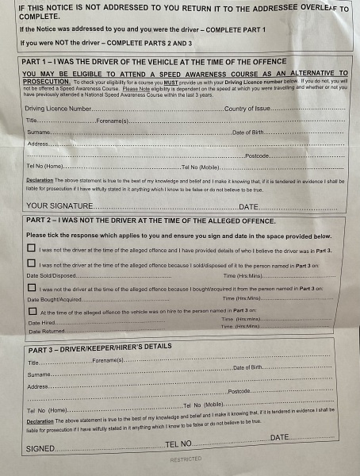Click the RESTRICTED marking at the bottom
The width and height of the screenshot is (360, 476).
(x=186, y=459)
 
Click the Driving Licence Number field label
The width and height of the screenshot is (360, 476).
(x=59, y=109)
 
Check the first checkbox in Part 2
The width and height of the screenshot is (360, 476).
(x=31, y=249)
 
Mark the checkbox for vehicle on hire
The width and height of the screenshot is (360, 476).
(x=31, y=311)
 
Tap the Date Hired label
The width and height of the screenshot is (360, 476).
(x=42, y=323)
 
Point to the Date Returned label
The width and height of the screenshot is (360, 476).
(x=45, y=331)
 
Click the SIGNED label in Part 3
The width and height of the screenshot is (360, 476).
(x=40, y=448)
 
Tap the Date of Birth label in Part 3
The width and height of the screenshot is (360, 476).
(x=248, y=368)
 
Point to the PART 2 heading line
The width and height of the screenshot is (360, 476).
(x=151, y=221)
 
